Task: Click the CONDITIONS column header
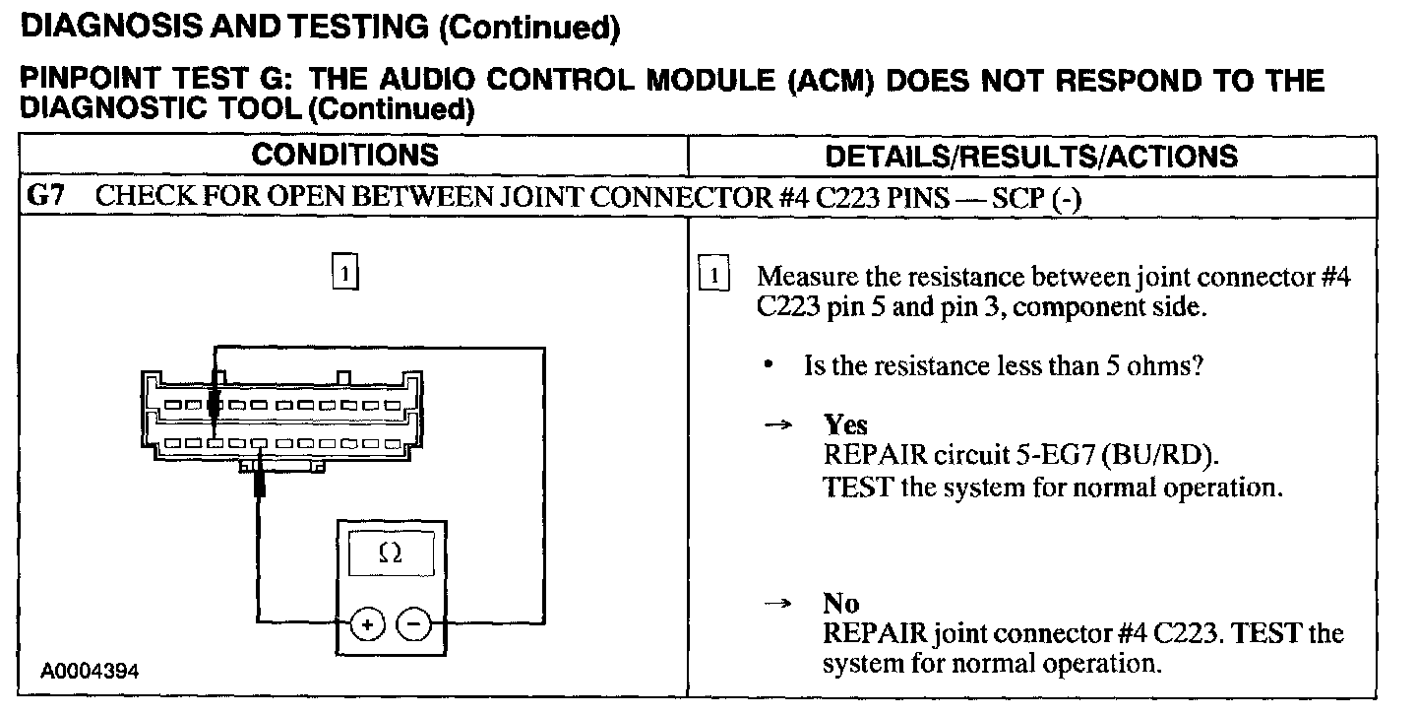point(344,156)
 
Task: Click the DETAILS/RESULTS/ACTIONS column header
point(1030,156)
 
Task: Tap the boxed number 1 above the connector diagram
point(344,270)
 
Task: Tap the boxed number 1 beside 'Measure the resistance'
point(713,276)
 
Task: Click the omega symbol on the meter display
point(390,554)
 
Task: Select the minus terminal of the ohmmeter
point(413,623)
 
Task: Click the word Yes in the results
point(845,425)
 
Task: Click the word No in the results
point(840,603)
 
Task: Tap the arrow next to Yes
point(776,426)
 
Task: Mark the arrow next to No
point(776,604)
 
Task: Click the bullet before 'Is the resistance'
point(767,366)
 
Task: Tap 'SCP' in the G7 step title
point(1017,197)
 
